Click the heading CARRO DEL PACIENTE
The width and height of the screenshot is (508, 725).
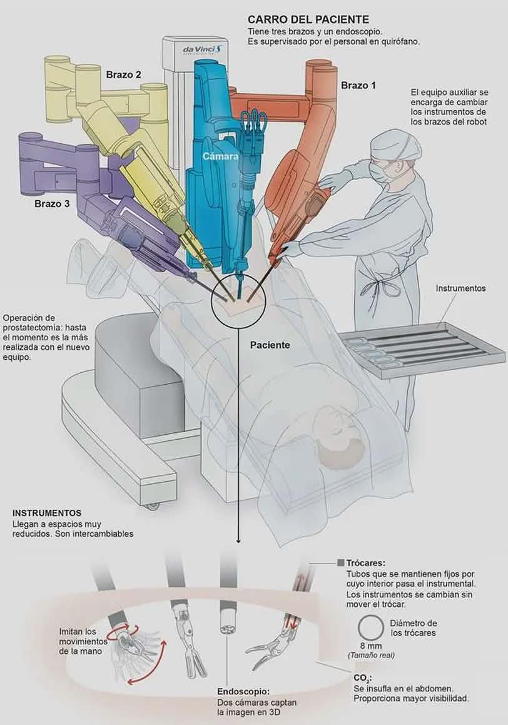click(x=308, y=20)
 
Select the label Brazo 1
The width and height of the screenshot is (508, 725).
click(x=358, y=85)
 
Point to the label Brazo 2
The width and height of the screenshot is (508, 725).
click(x=123, y=75)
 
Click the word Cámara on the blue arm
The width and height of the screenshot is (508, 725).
click(x=220, y=157)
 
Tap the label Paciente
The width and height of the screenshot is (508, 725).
click(x=270, y=345)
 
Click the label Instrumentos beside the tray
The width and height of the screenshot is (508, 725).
click(x=461, y=288)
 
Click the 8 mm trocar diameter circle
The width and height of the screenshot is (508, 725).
click(x=371, y=627)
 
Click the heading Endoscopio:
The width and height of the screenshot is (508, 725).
click(x=243, y=691)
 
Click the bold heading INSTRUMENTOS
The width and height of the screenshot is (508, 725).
click(x=47, y=513)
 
